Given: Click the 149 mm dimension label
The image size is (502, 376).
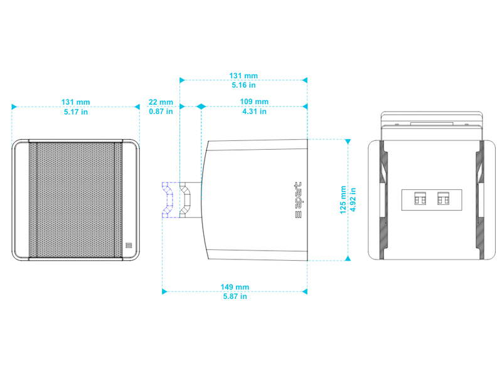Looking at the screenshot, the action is click(x=235, y=287).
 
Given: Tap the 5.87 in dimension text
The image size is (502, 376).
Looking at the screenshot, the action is click(x=235, y=296).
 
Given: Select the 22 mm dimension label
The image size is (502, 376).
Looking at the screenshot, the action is click(x=161, y=102).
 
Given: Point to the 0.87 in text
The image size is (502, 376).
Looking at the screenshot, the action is click(x=161, y=112).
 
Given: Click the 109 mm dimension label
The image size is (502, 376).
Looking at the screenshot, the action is click(x=254, y=102).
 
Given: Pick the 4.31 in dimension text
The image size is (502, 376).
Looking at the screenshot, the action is click(x=254, y=112).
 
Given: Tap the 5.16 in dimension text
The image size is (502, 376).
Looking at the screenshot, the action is click(x=243, y=85).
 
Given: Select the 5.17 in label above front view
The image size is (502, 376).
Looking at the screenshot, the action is click(x=76, y=112).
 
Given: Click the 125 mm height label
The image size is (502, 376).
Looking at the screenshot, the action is click(x=343, y=200).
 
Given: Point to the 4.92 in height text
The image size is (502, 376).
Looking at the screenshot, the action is click(x=353, y=200).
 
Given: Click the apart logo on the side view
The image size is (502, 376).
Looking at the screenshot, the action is click(x=298, y=200).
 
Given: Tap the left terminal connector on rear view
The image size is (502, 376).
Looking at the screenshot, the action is click(x=420, y=199).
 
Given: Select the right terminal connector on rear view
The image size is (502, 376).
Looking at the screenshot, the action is click(x=444, y=199).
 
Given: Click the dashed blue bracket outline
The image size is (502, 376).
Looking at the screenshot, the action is click(x=168, y=200).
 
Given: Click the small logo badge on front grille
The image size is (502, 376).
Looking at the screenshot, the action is click(x=129, y=246).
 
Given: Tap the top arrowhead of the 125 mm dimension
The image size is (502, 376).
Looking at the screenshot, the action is click(x=348, y=142).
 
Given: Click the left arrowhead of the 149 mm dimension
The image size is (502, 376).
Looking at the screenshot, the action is click(x=164, y=291).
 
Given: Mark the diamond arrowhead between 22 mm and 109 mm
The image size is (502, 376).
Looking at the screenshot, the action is click(x=201, y=107).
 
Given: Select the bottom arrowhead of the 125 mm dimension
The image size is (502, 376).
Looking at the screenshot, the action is click(x=348, y=258).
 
